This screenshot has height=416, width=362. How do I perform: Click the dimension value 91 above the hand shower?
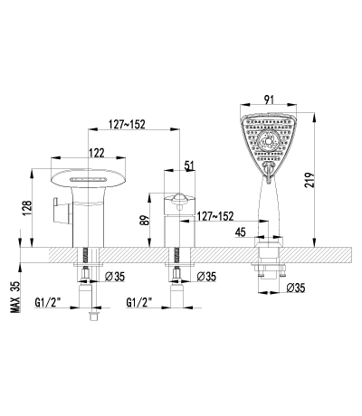[268, 99]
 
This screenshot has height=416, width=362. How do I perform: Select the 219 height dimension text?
[310, 180]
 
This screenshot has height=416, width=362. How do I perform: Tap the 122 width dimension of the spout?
[97, 153]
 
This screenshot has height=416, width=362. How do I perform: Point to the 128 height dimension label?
[27, 208]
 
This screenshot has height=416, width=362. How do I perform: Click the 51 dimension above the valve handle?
[189, 165]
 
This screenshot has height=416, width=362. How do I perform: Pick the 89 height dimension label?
[145, 220]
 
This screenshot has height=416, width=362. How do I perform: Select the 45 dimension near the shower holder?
[240, 232]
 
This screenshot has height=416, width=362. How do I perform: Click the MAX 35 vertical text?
[14, 297]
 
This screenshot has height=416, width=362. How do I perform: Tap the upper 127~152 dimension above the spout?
[128, 124]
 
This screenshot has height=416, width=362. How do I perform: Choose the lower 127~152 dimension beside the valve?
[215, 216]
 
